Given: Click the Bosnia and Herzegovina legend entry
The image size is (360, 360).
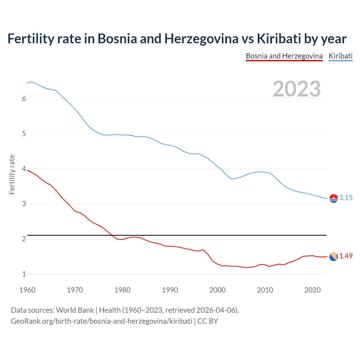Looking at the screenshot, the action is click(284, 56).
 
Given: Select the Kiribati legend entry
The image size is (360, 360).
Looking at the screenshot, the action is click(340, 56).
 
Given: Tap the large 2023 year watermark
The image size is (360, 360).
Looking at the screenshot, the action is click(296, 89).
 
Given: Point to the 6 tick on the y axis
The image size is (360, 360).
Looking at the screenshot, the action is click(24, 99).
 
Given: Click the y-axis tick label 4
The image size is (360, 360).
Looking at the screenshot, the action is click(24, 169).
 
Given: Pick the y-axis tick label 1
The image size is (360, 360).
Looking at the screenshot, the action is click(24, 274).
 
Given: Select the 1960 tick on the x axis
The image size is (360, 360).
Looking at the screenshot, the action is click(27, 290).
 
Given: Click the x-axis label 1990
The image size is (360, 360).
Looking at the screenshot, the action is click(170, 290).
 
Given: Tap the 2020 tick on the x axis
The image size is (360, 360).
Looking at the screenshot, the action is click(312, 290).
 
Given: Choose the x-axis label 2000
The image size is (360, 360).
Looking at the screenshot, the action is click(217, 290).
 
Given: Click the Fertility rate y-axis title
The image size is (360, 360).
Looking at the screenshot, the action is click(12, 174).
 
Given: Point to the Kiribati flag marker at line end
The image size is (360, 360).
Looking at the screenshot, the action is click(334, 198).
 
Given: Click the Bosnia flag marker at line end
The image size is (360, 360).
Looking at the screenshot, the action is click(334, 256).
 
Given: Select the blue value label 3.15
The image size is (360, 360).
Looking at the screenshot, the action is click(346, 198).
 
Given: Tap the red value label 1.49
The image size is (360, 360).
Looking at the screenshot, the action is click(346, 256).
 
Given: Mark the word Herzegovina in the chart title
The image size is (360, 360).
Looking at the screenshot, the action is click(201, 39).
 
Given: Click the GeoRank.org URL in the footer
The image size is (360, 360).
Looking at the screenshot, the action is click(102, 321).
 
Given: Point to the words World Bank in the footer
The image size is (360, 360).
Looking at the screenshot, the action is click(75, 310).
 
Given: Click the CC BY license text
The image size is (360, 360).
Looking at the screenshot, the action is click(208, 321).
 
